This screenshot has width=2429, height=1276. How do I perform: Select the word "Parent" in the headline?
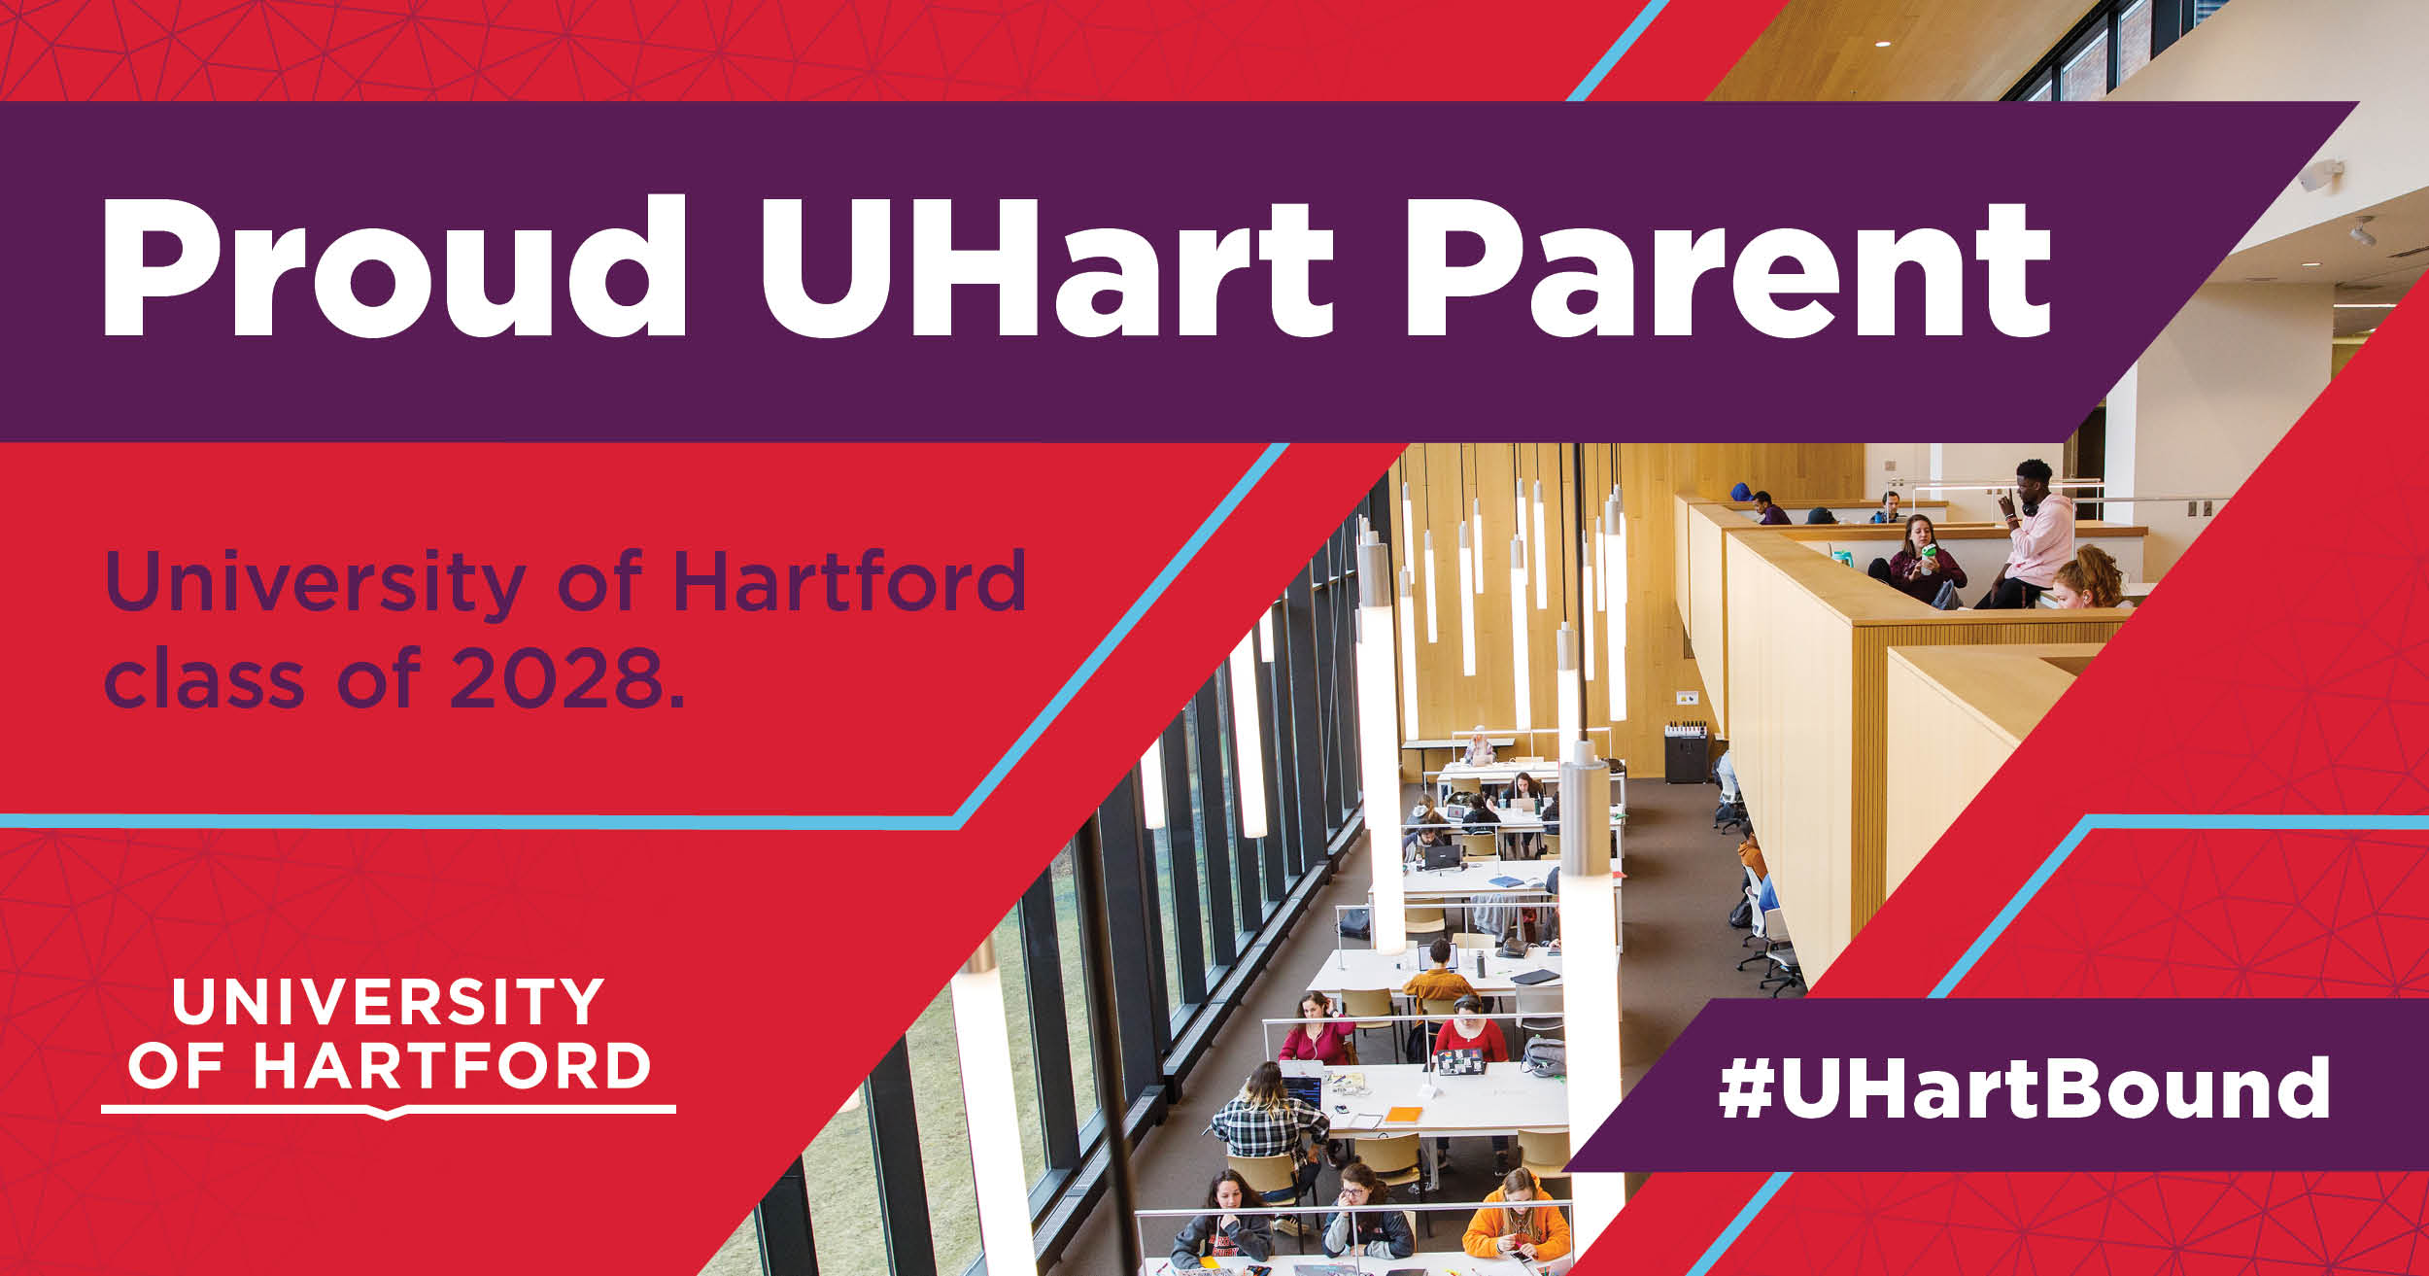(1729, 267)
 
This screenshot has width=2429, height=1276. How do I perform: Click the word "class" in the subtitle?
(204, 677)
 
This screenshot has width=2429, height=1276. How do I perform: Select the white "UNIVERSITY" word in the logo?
(387, 1003)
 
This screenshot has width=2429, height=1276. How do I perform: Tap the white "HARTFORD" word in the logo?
(452, 1066)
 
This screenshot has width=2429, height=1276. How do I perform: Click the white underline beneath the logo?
(388, 1109)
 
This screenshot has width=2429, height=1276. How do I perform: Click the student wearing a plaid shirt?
(1268, 1127)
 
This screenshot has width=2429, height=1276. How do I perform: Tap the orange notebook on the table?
(1403, 1115)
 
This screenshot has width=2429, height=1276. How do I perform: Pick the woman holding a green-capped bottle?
(1919, 564)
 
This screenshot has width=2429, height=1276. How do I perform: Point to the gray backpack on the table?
(1543, 1056)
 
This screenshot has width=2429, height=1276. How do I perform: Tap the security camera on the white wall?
(2322, 176)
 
